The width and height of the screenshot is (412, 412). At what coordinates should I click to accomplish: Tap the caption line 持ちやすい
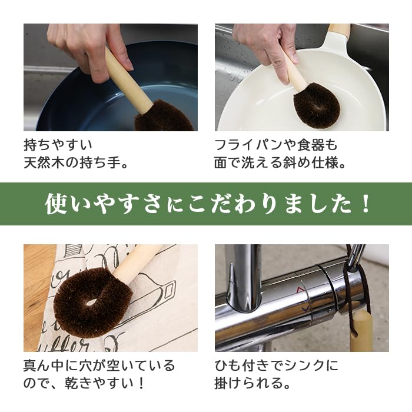click(58, 144)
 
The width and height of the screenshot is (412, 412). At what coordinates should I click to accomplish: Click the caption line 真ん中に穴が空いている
click(99, 366)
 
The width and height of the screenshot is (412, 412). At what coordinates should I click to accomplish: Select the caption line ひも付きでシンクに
click(276, 366)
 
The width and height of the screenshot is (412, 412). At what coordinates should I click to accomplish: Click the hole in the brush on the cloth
click(90, 302)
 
